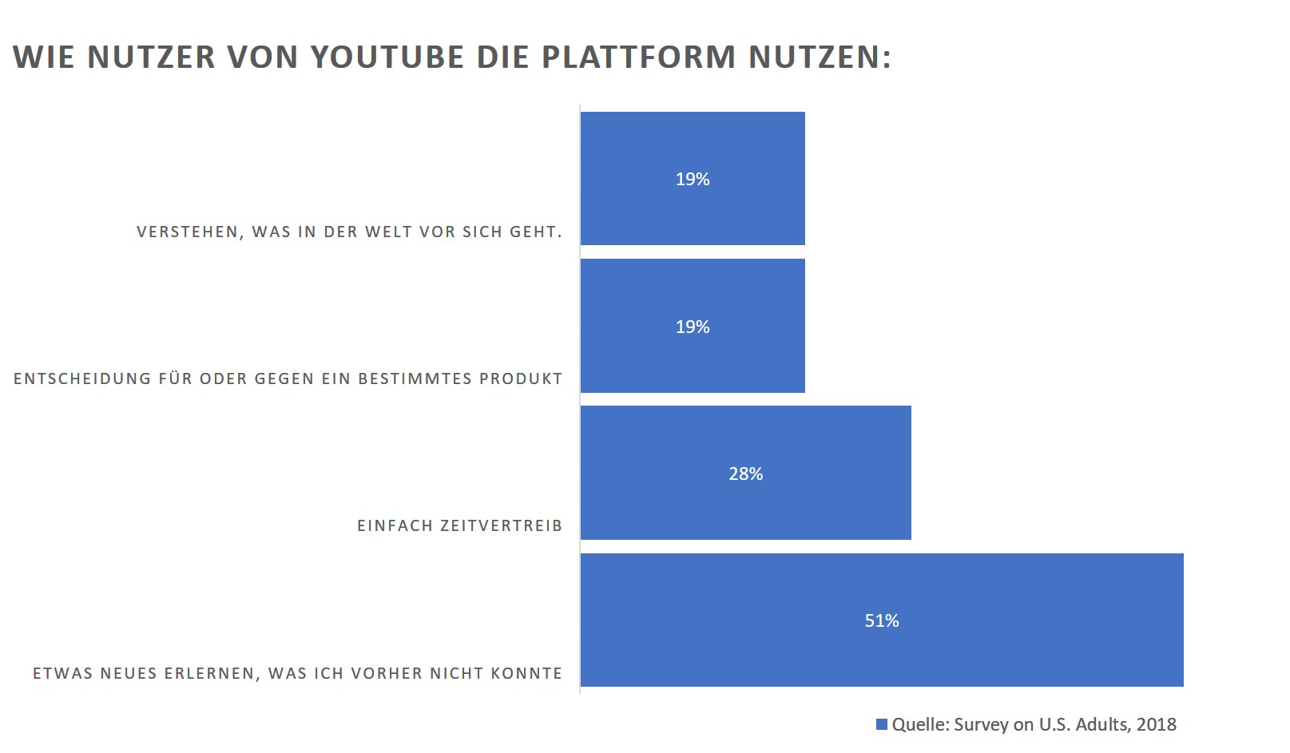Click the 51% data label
point(882,620)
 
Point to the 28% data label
point(745,474)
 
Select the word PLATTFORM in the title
point(638,57)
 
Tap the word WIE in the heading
point(43,57)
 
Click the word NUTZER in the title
point(151,57)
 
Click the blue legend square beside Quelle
point(882,724)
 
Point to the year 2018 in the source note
point(1156,724)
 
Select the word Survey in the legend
point(981,724)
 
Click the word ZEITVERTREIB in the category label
point(501,526)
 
